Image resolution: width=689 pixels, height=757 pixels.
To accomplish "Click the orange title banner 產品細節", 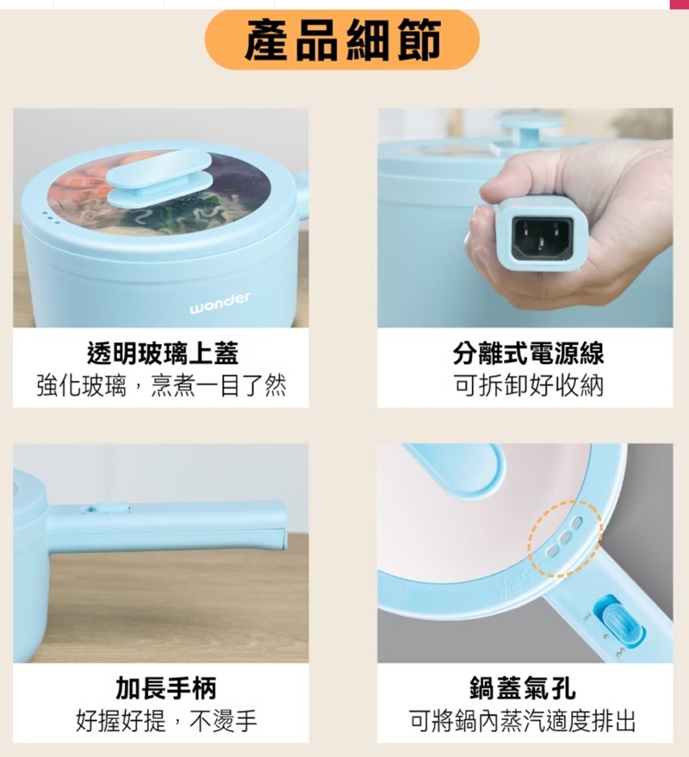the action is point(342,39).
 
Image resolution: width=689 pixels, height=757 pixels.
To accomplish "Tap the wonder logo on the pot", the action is point(220,303).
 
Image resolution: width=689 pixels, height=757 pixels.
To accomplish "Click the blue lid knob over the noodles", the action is point(159,177).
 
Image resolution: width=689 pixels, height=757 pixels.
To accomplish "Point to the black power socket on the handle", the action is point(543,237).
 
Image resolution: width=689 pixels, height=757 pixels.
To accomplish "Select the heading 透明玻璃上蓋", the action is point(163,353).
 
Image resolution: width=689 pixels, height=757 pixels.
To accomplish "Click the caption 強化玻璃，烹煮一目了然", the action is point(161,385).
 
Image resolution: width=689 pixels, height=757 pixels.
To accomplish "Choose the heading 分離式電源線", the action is point(528,353).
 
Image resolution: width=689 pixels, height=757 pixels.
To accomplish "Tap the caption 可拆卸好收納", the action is point(529,385).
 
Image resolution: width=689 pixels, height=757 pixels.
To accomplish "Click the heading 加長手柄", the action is point(165,688).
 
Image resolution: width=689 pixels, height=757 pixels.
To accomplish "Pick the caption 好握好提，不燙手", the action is point(166,721).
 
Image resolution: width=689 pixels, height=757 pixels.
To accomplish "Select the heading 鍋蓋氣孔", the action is point(523,688).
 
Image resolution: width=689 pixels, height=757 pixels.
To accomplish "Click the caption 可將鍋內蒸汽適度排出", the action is point(522,721).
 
